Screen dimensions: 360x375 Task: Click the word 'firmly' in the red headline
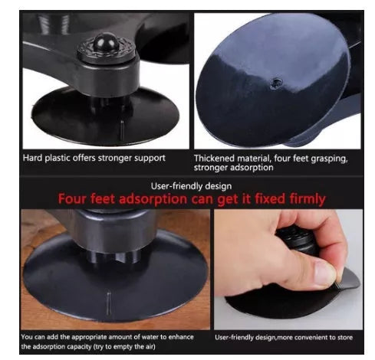pos(301,198)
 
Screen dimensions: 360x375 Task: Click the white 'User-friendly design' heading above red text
pos(186,185)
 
